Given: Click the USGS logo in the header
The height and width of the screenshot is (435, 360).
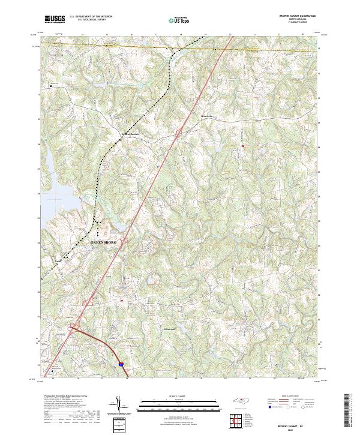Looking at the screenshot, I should click(55, 19).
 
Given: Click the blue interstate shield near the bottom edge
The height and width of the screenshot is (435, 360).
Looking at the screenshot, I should click(121, 364).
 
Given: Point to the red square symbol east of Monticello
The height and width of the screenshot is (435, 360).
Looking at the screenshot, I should click(243, 146).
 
